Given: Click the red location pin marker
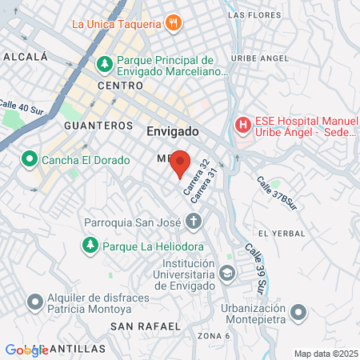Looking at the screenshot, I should point(180,163).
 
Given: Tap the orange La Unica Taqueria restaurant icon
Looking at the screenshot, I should point(172,23).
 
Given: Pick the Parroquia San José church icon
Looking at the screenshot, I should point(193,221).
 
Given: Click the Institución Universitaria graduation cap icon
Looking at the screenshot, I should point(227,274).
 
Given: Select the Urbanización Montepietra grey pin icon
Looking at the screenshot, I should point(298,311).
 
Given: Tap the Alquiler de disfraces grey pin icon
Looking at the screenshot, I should point(35,302).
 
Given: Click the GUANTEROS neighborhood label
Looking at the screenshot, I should point(98,126).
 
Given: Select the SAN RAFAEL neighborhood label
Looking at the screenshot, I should point(140,326).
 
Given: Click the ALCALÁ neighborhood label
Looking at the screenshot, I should point(26,57).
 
